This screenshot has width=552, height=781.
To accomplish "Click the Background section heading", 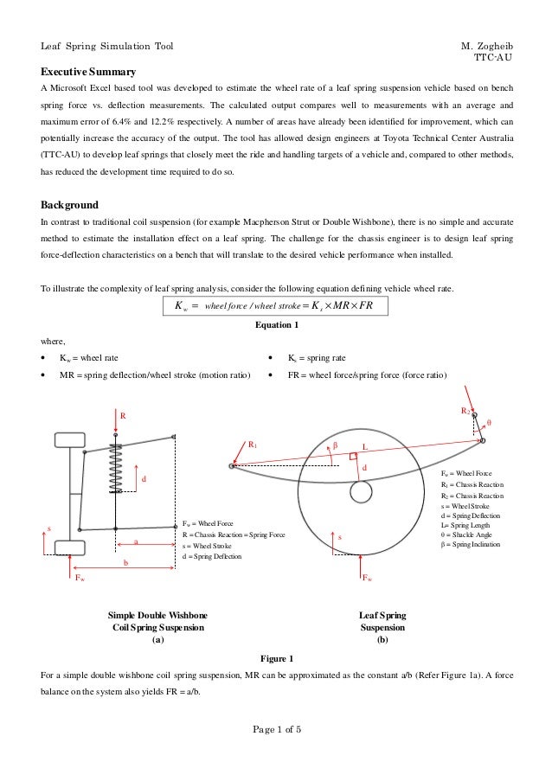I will coord(70,206).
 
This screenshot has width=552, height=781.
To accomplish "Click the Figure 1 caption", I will coord(276,657).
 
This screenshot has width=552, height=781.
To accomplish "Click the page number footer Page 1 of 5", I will coord(276,728).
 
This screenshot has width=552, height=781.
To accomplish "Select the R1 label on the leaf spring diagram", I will coord(253,445).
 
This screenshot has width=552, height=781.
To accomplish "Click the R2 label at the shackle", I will coord(465,409).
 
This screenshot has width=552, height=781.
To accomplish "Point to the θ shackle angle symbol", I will coord(490,423).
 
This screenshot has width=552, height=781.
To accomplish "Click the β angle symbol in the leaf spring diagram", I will coord(335,445).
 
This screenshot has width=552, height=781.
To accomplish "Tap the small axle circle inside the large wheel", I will coord(361,490).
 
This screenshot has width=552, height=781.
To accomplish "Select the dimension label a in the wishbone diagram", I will coord(135,541).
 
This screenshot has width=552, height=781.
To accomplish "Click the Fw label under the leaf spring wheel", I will coord(368,578).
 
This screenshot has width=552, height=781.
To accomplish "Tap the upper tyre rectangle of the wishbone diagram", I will coord(70,441).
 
